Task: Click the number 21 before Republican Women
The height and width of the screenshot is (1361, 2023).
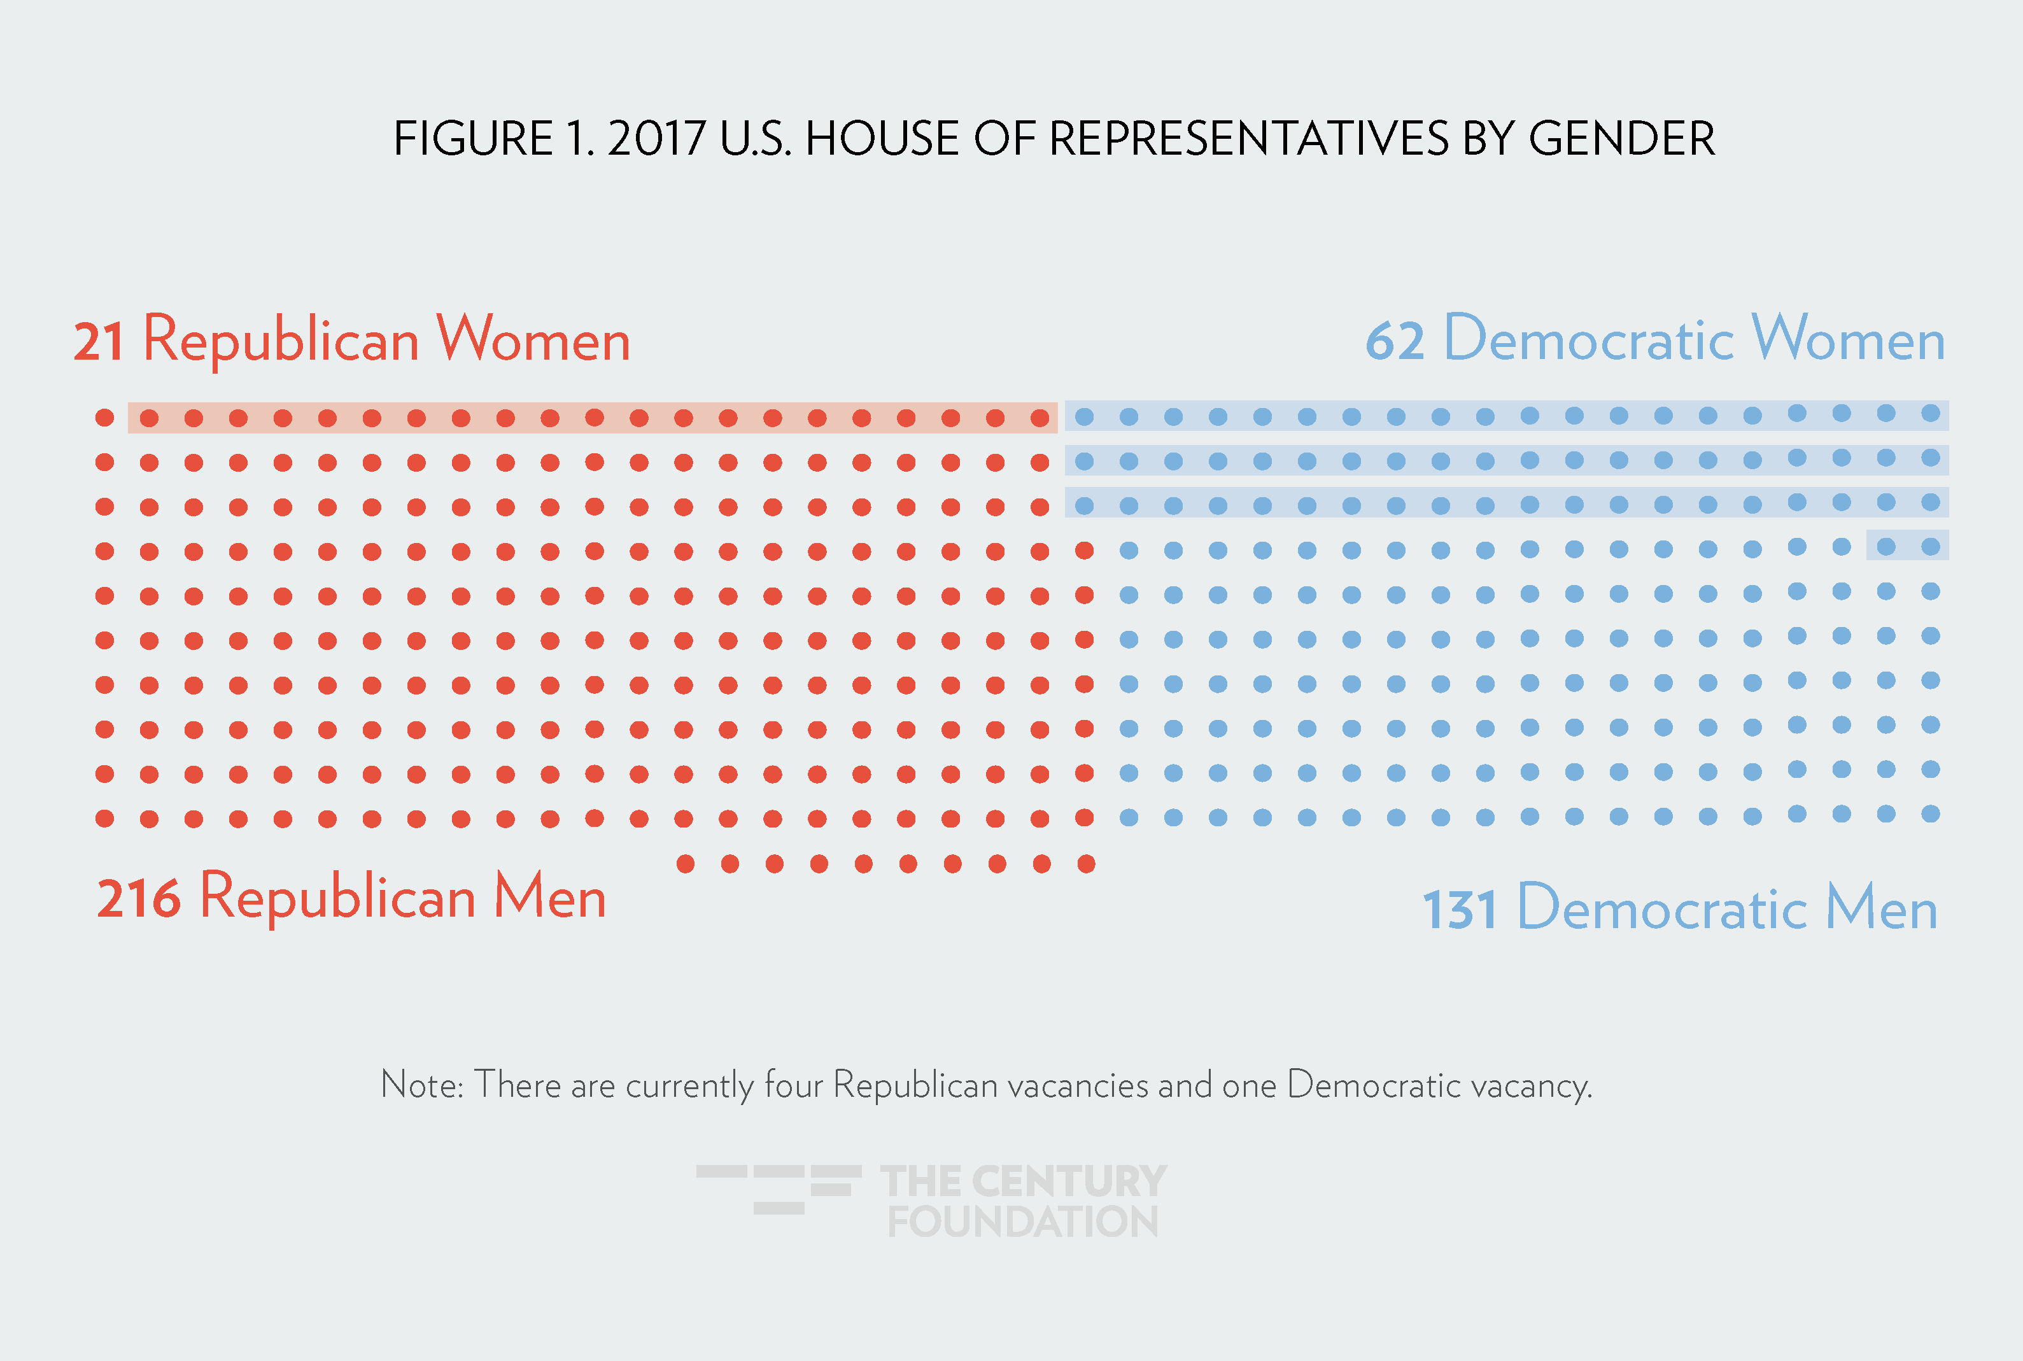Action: (x=98, y=342)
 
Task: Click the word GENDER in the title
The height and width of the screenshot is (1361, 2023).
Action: (x=1621, y=139)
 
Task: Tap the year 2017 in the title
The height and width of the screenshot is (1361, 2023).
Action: (x=656, y=139)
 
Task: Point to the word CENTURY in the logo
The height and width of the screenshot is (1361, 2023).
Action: (x=1069, y=1181)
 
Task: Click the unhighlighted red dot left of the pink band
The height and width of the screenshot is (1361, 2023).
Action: (x=105, y=418)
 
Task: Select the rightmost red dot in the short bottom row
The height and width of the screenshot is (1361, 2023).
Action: (x=1086, y=864)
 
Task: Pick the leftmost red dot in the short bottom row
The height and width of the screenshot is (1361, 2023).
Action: (x=686, y=864)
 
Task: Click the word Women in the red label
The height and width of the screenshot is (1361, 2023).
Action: (x=533, y=340)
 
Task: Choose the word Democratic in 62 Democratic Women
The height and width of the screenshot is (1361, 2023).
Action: (x=1588, y=340)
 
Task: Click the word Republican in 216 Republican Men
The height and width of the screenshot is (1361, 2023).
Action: (x=337, y=898)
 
